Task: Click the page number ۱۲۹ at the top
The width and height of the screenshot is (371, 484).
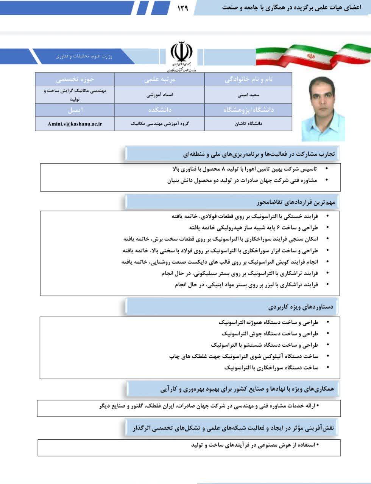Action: (x=182, y=8)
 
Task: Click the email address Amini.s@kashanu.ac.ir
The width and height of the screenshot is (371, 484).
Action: (x=75, y=124)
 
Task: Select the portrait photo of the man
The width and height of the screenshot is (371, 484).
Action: (x=323, y=109)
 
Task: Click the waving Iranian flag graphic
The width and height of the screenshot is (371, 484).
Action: (x=313, y=55)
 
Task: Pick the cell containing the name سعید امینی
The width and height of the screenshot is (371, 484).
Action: (x=248, y=95)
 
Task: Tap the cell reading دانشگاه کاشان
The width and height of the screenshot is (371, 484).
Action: (x=248, y=124)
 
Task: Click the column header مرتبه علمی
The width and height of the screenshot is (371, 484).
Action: (x=160, y=79)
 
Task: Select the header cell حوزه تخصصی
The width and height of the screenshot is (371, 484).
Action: (x=75, y=79)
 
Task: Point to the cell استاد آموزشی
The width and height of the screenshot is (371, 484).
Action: (x=160, y=95)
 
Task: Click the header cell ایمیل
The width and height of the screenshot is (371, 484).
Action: (x=75, y=110)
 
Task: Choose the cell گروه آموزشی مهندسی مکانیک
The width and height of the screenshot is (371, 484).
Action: (x=160, y=124)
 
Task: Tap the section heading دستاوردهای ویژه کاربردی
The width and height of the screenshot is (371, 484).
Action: (x=301, y=307)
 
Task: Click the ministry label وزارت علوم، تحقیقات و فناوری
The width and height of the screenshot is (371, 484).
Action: (x=84, y=56)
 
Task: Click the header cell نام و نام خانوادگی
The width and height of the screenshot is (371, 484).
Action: (x=248, y=79)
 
